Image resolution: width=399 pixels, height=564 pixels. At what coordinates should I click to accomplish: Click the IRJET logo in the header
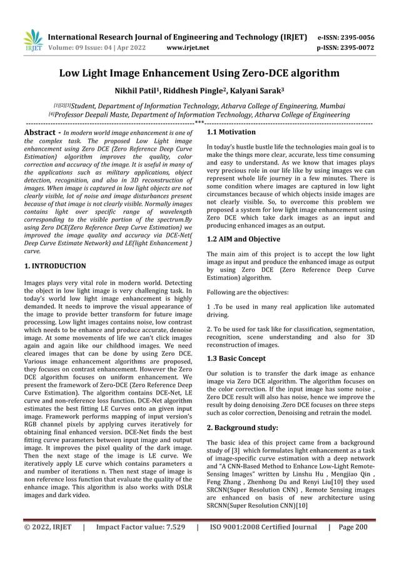[33, 40]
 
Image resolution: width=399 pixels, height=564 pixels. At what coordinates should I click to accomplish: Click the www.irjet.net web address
[187, 46]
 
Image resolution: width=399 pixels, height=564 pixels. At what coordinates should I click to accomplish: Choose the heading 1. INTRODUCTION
[55, 266]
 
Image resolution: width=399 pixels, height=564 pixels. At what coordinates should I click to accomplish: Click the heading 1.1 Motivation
[231, 133]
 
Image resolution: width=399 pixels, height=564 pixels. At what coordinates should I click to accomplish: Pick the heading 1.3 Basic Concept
[236, 358]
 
